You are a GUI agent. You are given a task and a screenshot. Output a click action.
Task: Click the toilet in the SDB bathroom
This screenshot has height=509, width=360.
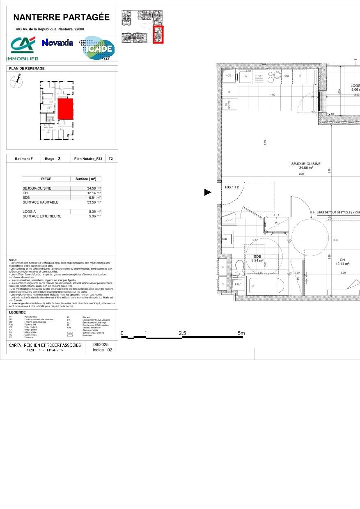click(x=240, y=267)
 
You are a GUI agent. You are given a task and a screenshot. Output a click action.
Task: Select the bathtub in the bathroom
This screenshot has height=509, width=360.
click(x=265, y=285)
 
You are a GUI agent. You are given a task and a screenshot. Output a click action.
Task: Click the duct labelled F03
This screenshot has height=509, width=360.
click(x=229, y=76)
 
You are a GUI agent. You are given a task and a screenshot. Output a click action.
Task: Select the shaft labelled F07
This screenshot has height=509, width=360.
click(x=238, y=284)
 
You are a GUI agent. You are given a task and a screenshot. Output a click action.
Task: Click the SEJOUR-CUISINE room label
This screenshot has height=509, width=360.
click(x=303, y=164)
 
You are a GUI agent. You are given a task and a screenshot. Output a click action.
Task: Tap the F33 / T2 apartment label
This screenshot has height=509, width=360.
click(x=232, y=187)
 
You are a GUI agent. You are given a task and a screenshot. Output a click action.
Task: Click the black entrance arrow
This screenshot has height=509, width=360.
click(x=208, y=192)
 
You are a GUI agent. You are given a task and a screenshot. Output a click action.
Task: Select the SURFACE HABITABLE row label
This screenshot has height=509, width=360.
click(x=41, y=202)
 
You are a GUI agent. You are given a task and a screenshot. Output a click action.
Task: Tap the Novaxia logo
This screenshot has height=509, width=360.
click(x=57, y=43)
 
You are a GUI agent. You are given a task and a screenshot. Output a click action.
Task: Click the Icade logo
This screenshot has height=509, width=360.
click(x=98, y=48)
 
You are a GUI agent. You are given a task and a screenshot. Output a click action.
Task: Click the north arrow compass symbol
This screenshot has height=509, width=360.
click(x=16, y=82)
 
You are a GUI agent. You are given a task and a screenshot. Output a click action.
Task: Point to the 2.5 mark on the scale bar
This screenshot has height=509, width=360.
click(x=183, y=334)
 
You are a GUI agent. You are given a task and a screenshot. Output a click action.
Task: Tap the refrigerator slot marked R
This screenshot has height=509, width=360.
click(x=300, y=76)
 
